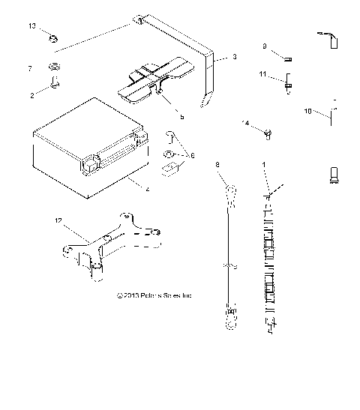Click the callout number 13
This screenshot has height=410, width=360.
(31, 26)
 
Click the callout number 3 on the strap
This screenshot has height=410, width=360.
(235, 57)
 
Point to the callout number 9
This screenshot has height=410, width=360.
(265, 46)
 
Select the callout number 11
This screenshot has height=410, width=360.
(263, 74)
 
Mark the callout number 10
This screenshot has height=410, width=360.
(307, 112)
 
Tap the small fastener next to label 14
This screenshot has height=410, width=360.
(266, 134)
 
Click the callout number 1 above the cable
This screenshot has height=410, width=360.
(263, 163)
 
